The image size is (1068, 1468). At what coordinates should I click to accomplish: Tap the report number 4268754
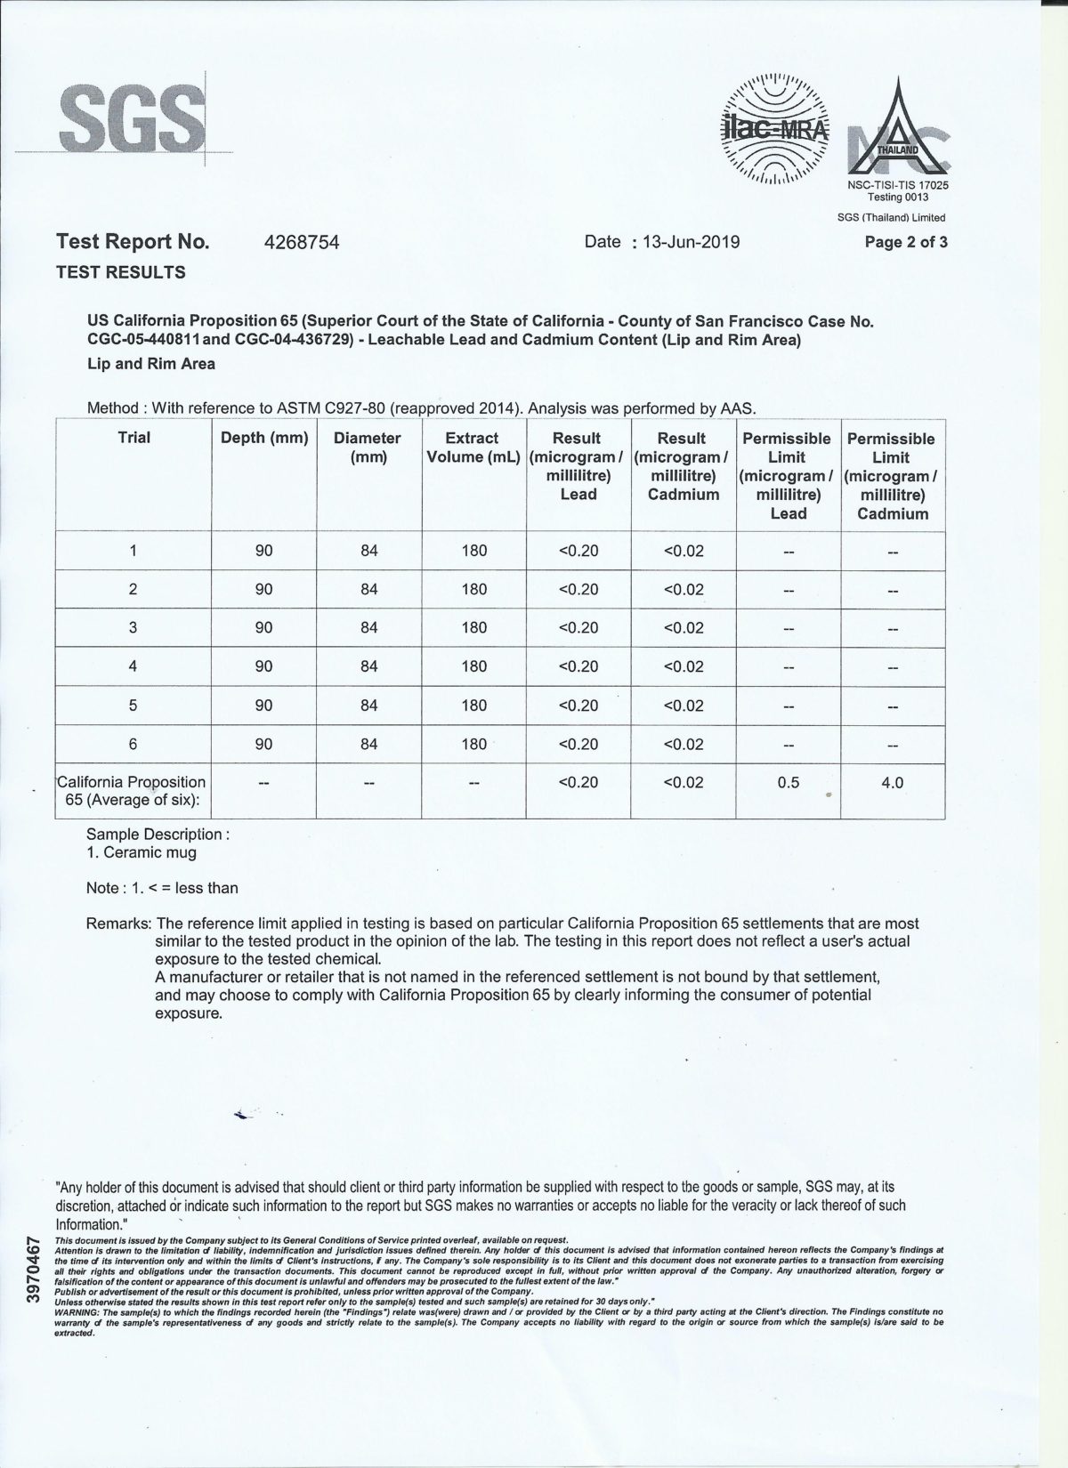[303, 242]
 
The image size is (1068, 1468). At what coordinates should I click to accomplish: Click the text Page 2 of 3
[906, 242]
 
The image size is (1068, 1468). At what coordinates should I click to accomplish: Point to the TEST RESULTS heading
[121, 272]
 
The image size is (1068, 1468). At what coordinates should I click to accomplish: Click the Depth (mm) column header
[264, 438]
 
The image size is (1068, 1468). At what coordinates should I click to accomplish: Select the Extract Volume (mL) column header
[473, 448]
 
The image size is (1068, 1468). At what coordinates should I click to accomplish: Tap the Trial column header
[133, 438]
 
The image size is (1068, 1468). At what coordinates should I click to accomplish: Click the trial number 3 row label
[133, 627]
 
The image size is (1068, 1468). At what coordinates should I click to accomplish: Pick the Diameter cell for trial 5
[369, 706]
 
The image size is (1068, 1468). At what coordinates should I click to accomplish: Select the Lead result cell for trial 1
[578, 551]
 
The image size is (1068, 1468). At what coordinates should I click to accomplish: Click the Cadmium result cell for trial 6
[684, 744]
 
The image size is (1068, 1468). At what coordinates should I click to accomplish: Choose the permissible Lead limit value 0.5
[788, 783]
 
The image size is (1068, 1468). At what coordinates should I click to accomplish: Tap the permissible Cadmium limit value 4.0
[892, 783]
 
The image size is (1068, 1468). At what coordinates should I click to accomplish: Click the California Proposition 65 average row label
[132, 791]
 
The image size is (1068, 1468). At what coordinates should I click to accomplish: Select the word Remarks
[117, 924]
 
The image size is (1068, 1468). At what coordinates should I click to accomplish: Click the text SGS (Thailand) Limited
[891, 217]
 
